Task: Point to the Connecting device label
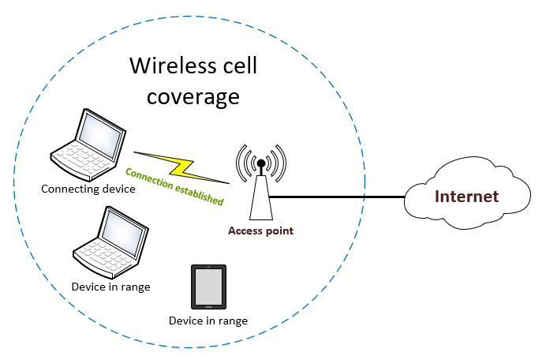[x=88, y=189]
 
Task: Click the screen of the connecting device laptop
[x=103, y=133]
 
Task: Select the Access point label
[x=260, y=231]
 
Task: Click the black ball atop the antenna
[x=260, y=163]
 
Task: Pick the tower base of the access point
[x=260, y=201]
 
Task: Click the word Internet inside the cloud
[x=468, y=197]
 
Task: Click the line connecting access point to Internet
[x=339, y=197]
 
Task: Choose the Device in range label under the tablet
[x=208, y=321]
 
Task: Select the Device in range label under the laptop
[x=110, y=287]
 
